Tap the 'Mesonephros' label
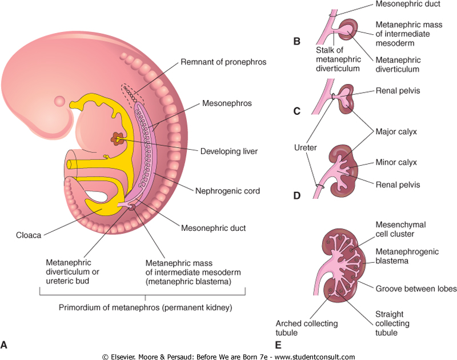[x=226, y=104]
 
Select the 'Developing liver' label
[x=229, y=151]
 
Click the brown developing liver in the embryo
[x=117, y=138]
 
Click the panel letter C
[x=296, y=111]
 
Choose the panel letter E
[x=278, y=345]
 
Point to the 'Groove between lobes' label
[x=415, y=289]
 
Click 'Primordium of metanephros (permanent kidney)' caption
[x=145, y=308]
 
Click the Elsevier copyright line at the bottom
[x=228, y=356]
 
